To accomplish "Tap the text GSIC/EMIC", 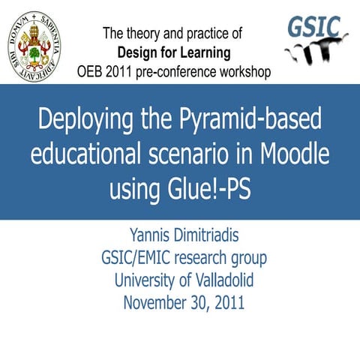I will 139,259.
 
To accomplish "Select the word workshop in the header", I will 241,72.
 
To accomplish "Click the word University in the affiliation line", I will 146,280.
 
